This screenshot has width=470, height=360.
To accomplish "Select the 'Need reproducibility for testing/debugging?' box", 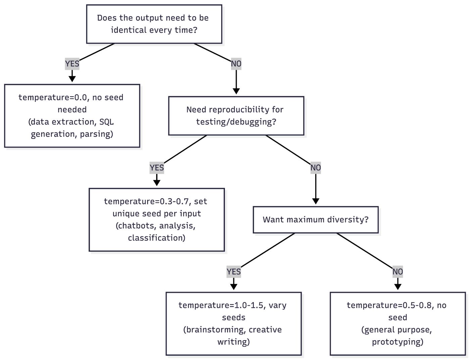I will click(236, 116).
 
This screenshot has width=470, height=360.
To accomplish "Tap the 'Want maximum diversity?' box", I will click(316, 220).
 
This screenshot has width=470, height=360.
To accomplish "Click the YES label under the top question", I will click(72, 64).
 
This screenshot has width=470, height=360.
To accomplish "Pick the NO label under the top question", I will click(236, 64).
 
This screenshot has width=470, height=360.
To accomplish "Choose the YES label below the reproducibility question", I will click(157, 168).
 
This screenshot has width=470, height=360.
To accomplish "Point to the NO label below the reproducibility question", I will click(316, 168).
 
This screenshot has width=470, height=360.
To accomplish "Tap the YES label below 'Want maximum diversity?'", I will click(234, 272).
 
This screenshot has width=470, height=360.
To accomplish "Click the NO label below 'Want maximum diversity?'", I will click(397, 272).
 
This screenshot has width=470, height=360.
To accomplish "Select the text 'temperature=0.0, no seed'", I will click(71, 98).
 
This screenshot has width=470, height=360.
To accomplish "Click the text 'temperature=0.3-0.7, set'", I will click(155, 202).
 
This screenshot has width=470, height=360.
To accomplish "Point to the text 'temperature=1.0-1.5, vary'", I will click(232, 305).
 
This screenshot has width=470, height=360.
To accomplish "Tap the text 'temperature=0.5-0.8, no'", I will click(396, 305).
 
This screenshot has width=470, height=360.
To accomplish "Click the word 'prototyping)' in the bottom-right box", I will click(397, 342).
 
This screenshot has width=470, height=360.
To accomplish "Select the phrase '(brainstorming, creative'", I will click(232, 330).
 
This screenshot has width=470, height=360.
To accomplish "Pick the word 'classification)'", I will click(156, 238).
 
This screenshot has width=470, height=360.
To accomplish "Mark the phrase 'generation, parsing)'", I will click(72, 134).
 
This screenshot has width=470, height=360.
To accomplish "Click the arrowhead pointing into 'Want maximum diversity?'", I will click(316, 201).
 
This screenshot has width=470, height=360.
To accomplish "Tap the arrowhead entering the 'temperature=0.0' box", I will click(72, 79).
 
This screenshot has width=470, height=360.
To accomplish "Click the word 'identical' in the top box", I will click(129, 30).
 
